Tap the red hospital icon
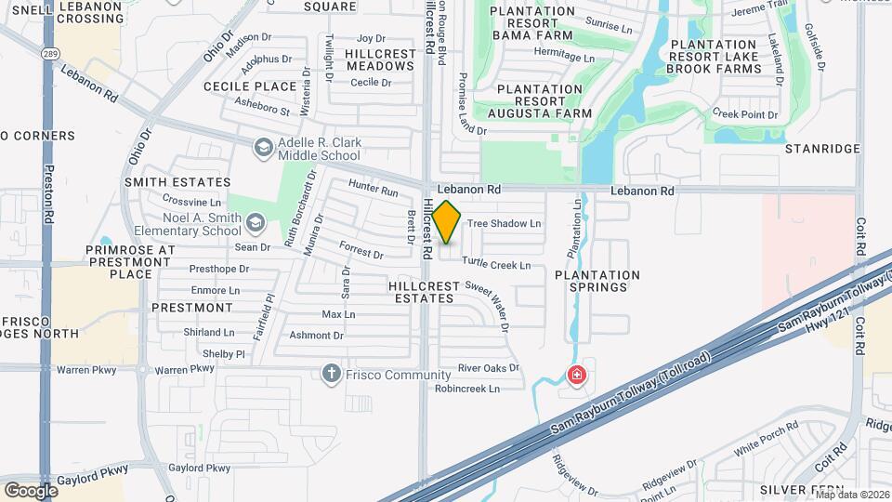[x=577, y=376]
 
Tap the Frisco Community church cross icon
[x=330, y=375]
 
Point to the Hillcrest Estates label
[x=422, y=292]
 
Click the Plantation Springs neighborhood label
[x=597, y=282]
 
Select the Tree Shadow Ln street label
[x=504, y=224]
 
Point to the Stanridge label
[x=822, y=149]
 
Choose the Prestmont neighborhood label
[x=191, y=307]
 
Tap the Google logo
[x=31, y=489]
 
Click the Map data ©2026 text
[x=851, y=494]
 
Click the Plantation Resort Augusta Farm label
[x=544, y=101]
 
